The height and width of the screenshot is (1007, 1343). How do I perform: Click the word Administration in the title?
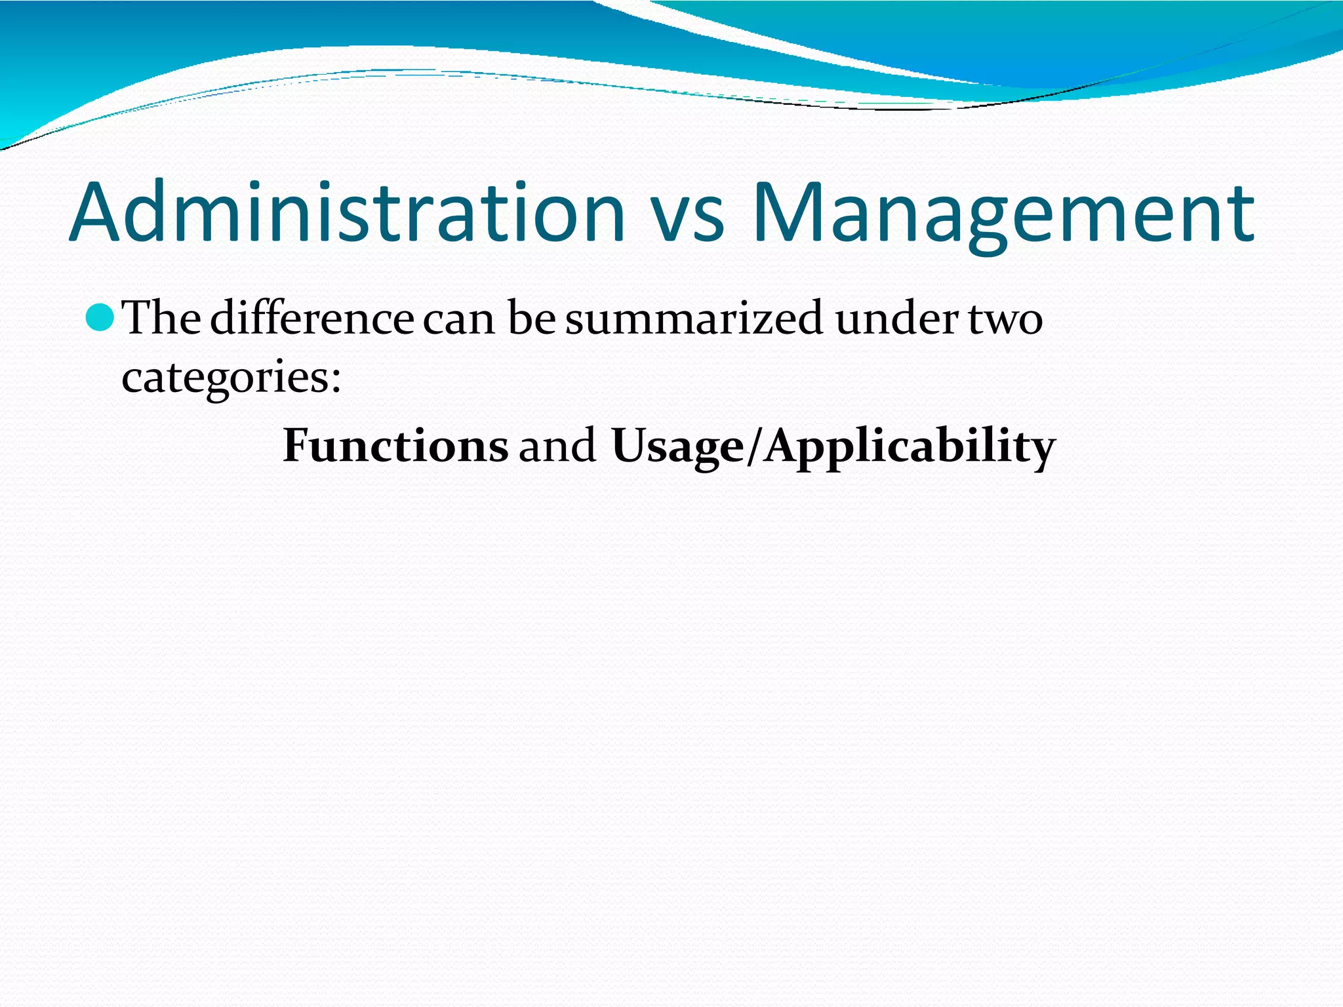point(348,213)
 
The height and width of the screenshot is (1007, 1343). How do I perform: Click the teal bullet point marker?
point(100,318)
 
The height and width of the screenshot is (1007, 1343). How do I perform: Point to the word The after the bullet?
point(163,318)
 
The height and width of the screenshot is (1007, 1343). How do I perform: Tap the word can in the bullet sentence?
point(459,321)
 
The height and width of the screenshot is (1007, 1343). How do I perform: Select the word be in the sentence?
point(531,318)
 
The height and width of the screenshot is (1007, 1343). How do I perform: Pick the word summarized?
point(694,318)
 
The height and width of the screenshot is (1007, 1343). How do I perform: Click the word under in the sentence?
point(897,318)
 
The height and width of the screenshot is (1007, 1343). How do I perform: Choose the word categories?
point(223,379)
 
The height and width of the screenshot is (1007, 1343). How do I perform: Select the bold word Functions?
point(395,446)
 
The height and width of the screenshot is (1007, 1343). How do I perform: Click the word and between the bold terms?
point(558,446)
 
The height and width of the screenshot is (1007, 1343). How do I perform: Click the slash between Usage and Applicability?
point(754,446)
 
